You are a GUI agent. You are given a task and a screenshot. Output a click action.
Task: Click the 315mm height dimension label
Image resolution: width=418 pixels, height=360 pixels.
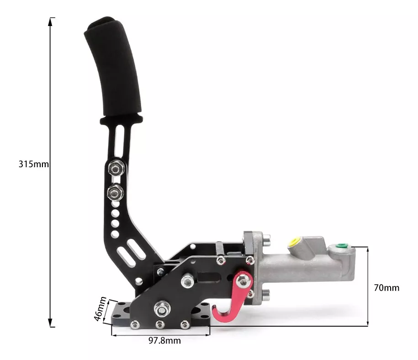[33, 164]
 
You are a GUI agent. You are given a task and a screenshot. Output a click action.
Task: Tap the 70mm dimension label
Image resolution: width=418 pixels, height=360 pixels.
[386, 288]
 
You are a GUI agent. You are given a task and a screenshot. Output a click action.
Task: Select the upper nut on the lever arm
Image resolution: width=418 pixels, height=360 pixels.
[116, 169]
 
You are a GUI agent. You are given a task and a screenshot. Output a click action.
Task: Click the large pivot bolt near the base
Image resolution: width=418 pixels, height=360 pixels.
[160, 309]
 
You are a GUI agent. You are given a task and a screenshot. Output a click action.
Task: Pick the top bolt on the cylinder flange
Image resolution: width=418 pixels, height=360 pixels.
[266, 238]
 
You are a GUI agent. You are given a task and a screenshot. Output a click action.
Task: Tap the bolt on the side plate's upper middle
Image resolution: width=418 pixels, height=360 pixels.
[187, 280]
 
